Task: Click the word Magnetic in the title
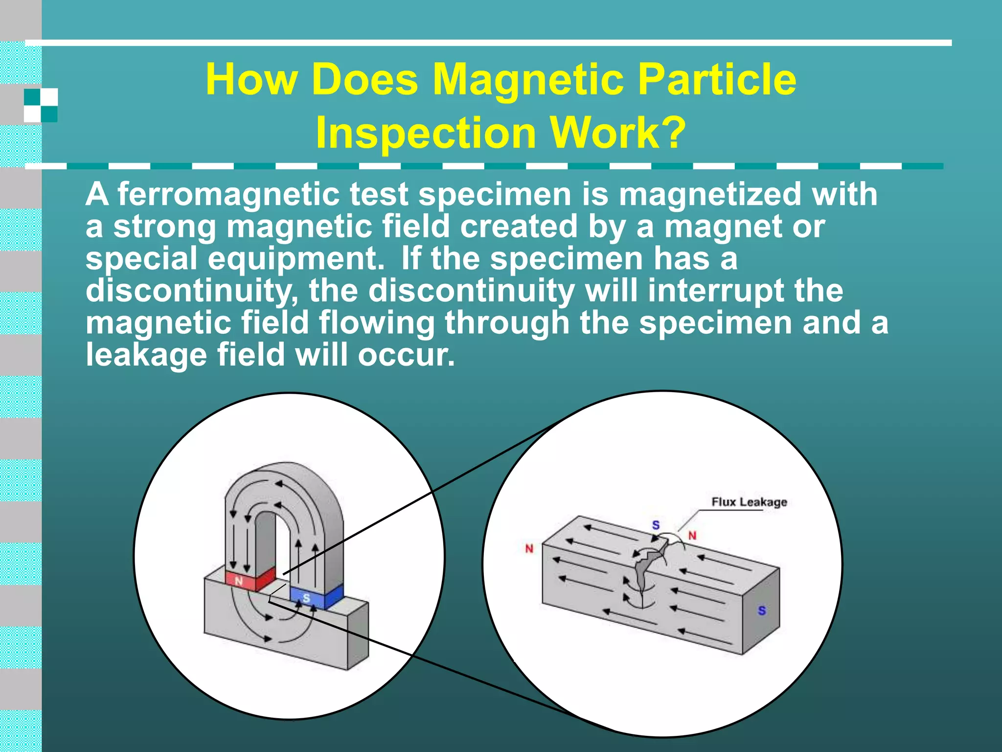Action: [529, 80]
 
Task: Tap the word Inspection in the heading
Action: [426, 133]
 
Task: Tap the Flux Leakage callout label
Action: [749, 502]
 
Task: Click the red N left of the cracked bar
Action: [529, 549]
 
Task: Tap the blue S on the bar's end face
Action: [762, 611]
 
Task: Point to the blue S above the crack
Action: [656, 525]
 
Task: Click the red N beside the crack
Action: [692, 536]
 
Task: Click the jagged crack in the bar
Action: [646, 568]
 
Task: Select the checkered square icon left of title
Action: [41, 105]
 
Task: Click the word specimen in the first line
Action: [495, 194]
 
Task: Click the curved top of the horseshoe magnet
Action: [284, 477]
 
